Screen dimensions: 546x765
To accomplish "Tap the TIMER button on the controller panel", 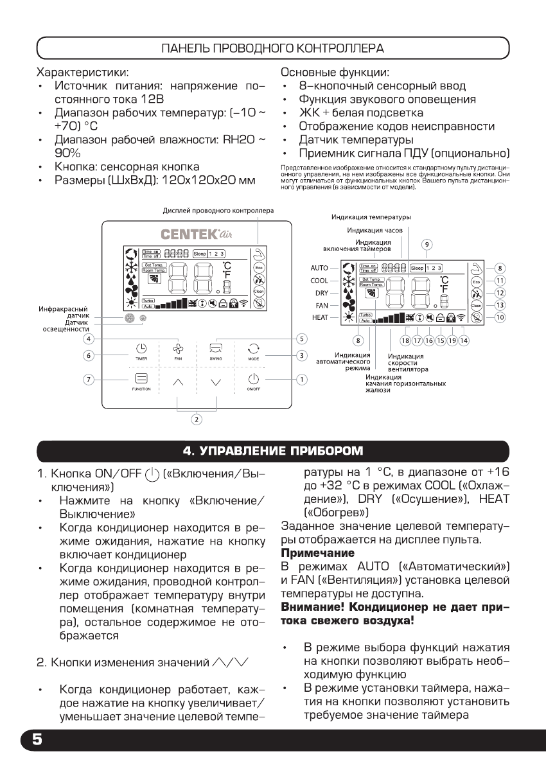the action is (141, 351).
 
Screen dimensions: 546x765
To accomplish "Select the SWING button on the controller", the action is (215, 351).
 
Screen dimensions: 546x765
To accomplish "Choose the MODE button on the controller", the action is (252, 351).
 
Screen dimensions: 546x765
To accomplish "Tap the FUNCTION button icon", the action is (141, 380).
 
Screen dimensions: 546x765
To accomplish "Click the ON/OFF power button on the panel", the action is (252, 380).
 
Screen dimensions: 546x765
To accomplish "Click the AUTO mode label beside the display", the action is (320, 267).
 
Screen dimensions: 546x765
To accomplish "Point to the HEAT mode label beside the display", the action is (320, 318).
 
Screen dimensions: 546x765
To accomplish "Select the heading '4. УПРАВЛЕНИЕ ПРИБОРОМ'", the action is (272, 448).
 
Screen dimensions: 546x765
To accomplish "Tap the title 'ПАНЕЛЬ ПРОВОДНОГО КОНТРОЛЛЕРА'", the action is (272, 48).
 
